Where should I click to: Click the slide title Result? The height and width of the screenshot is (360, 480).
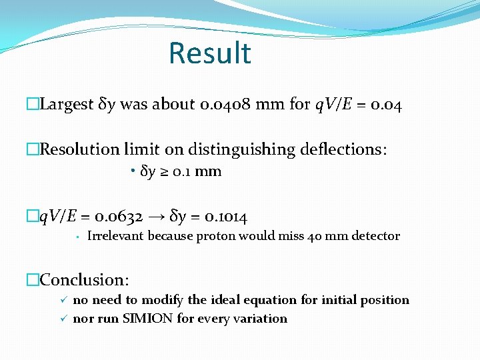click(209, 53)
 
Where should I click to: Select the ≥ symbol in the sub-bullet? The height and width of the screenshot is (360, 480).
click(163, 172)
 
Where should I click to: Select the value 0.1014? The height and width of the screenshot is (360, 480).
click(227, 217)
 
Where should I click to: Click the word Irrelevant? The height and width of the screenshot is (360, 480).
click(116, 236)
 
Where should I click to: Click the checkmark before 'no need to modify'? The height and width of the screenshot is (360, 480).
click(63, 300)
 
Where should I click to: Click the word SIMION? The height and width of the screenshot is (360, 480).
click(148, 319)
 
